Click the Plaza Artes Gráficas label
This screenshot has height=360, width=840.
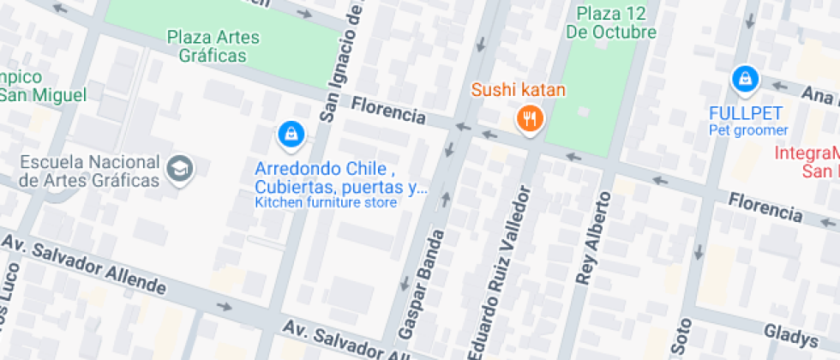(213, 46)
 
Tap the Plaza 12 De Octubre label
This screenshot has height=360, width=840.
(610, 23)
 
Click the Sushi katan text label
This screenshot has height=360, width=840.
(512, 90)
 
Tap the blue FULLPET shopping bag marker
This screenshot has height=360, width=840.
(745, 80)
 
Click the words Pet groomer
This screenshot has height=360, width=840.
(747, 130)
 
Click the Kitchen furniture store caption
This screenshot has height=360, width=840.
(326, 203)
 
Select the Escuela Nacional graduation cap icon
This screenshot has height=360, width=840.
(181, 168)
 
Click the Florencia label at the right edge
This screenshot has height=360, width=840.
(765, 206)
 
